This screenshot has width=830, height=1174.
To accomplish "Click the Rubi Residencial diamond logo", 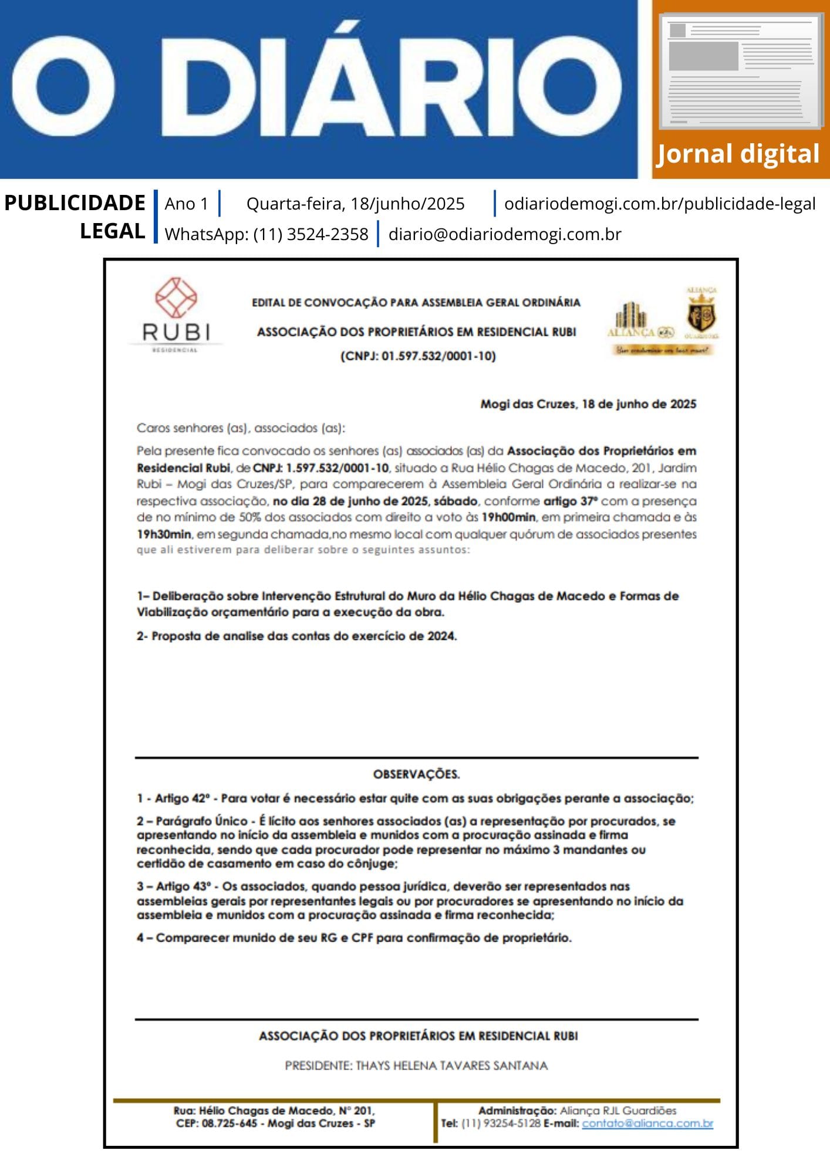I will [x=176, y=298].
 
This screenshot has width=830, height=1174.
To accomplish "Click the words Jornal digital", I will [x=737, y=154].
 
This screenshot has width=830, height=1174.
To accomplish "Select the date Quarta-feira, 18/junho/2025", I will [x=355, y=204].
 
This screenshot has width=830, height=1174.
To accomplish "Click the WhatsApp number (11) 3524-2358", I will [x=311, y=234].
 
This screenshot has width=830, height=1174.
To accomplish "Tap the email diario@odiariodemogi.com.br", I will [x=504, y=234].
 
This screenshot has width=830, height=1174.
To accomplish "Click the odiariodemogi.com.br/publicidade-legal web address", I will [x=659, y=204].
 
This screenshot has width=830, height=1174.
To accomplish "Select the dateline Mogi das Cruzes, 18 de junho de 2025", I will [x=588, y=404].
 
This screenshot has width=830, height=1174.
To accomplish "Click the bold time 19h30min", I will [x=164, y=534].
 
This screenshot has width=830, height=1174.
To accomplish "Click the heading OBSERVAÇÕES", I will [x=416, y=774].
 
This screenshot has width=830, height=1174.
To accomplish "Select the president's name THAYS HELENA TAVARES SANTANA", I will [x=451, y=1065].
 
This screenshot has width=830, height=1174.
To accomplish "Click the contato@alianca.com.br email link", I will [x=647, y=1124].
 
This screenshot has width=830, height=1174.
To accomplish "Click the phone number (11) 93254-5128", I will [x=501, y=1124].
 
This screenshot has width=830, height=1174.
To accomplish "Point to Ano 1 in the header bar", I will [x=186, y=204].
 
